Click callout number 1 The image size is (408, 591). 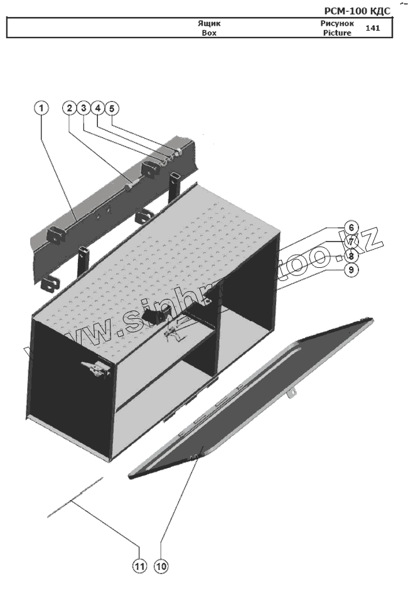coord(41,109)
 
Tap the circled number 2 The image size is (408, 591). coord(69,109)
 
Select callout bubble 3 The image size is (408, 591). coord(83,109)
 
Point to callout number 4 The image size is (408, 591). coord(97,109)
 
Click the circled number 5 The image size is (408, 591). coord(112,109)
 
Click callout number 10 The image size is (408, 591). coord(161,566)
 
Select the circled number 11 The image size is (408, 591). coord(139,566)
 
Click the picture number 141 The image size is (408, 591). coord(372,28)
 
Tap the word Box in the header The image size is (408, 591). coord(209,33)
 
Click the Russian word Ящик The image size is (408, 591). coord(209,24)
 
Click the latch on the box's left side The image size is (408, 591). coord(96,370)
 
